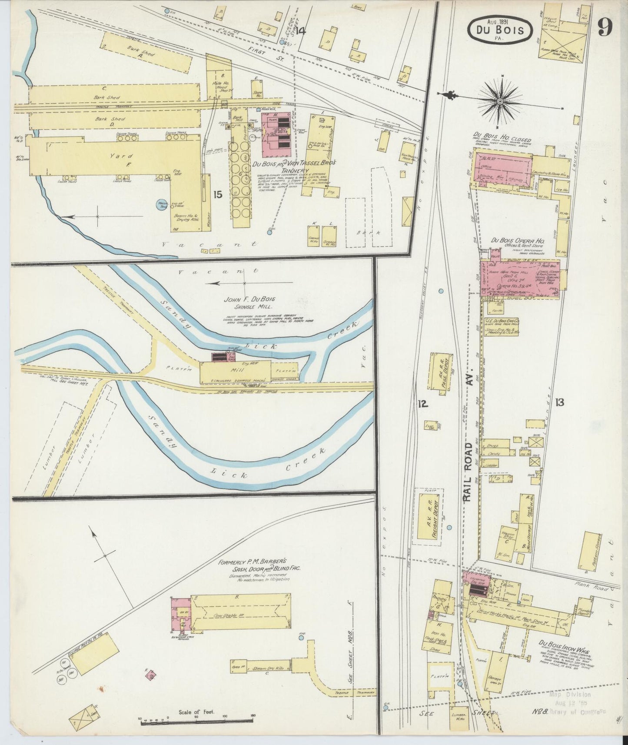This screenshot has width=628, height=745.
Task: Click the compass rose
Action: [x=500, y=101]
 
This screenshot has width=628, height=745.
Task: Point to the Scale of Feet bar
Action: [x=196, y=722]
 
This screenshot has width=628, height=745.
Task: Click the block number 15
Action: [x=218, y=194]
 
